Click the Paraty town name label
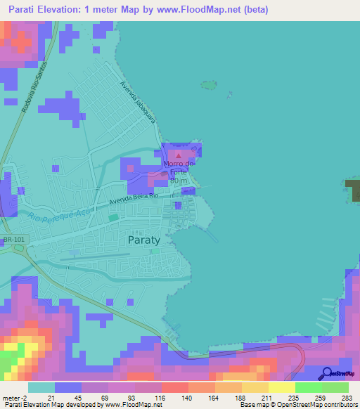(x=144, y=239)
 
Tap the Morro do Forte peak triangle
(x=178, y=155)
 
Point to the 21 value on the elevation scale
(x=69, y=398)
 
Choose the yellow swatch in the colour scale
(x=281, y=387)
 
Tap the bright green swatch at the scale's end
(x=335, y=387)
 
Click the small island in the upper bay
(x=208, y=85)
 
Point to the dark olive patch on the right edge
(x=354, y=190)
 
